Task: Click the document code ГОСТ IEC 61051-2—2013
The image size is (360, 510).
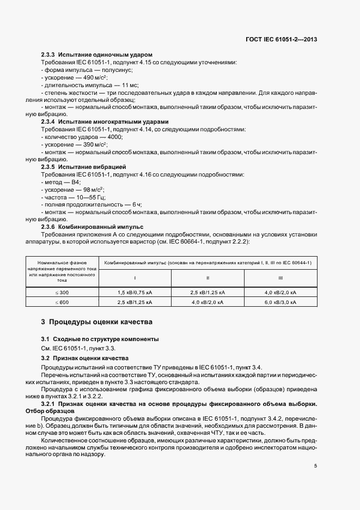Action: [x=282, y=39]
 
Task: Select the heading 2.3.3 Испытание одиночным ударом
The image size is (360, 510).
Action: [x=97, y=55]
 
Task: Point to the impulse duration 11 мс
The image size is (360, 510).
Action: [x=130, y=86]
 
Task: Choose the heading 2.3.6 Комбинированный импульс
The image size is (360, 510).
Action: [x=92, y=226]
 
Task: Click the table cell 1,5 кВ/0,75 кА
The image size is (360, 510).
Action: [x=135, y=292]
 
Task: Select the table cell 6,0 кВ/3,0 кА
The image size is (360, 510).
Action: [x=280, y=302]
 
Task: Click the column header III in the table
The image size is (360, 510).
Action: [x=280, y=277]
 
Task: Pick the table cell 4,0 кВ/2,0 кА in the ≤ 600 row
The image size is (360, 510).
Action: [x=208, y=302]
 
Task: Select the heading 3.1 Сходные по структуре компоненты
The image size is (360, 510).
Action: [x=100, y=339]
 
